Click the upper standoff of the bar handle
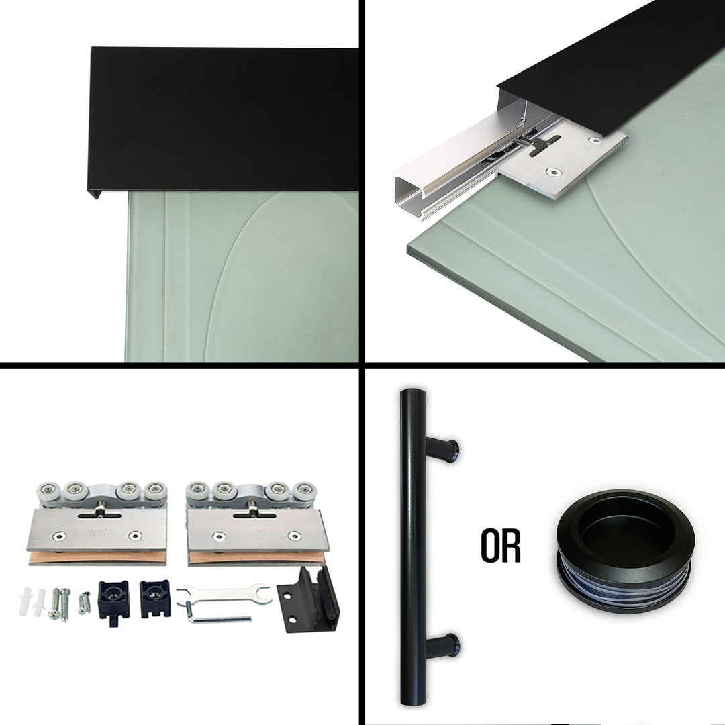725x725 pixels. point(444,449)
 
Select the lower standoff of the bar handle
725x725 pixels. point(444,646)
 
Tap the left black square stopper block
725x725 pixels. point(113,597)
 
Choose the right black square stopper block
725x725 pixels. point(154,596)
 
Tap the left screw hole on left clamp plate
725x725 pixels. point(60,536)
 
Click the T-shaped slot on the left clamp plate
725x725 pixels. point(99,514)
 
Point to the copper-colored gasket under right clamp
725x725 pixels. point(255,557)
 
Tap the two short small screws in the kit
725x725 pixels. point(85,602)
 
